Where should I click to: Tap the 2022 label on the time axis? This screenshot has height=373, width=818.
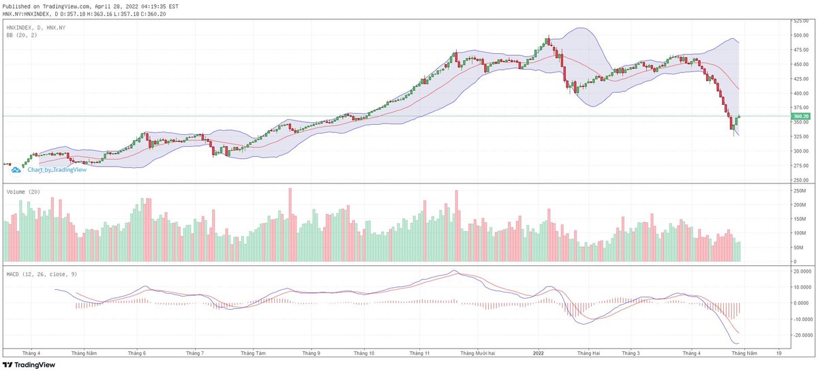(539, 353)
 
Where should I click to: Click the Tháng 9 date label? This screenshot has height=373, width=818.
(312, 353)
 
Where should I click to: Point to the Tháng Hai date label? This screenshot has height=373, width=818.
(588, 353)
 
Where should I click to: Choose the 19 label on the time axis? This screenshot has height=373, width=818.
(778, 353)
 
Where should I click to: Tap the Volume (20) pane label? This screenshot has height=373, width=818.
(23, 192)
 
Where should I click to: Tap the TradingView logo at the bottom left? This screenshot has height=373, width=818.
(33, 365)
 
